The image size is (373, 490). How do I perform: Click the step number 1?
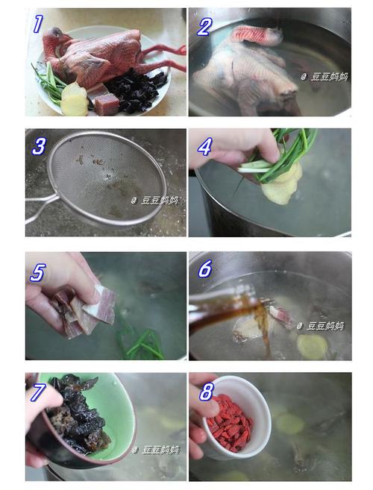point(38,24)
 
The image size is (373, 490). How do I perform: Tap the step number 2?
point(204,27)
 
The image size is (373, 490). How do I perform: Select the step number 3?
point(39,147)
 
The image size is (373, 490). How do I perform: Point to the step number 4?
point(205,147)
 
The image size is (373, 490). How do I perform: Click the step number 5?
point(38,272)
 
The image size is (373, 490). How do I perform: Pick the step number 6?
point(205,268)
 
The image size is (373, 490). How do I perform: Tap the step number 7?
point(37,392)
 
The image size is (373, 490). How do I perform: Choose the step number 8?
point(207,392)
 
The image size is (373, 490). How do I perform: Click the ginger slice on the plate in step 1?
point(75,99)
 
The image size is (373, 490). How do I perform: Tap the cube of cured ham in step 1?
point(107,104)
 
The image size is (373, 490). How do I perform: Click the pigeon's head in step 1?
point(54,35)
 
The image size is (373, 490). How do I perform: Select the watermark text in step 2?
point(325,77)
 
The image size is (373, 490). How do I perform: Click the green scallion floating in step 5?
point(140,342)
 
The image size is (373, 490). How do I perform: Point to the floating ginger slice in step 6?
point(312,347)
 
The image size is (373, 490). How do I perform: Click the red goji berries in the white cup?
point(230,415)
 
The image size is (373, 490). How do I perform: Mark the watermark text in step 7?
point(156,450)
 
